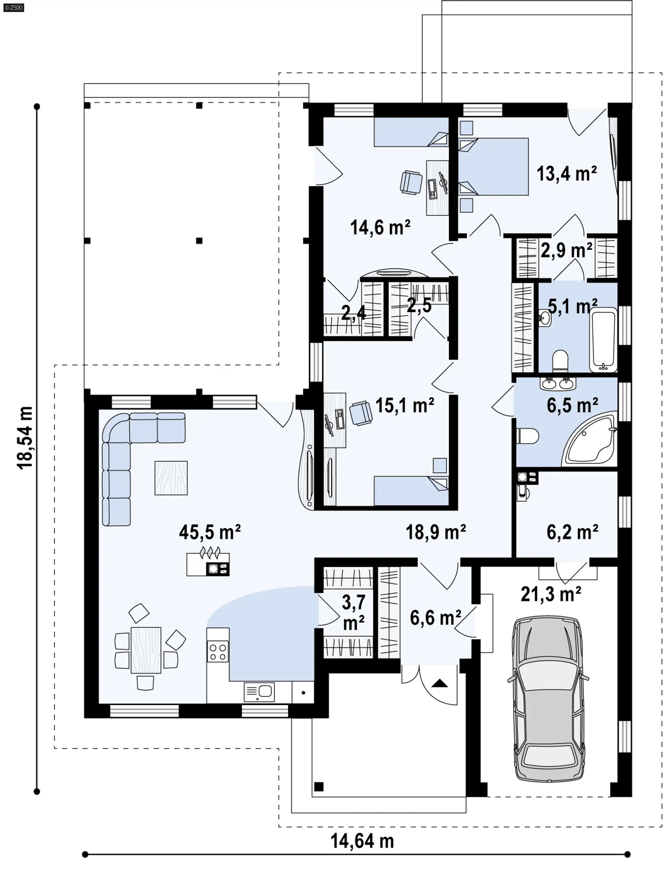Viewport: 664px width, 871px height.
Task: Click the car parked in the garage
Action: click(548, 699)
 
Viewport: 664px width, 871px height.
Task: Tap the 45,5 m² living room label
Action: click(210, 532)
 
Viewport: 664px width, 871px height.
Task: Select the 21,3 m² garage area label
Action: click(551, 594)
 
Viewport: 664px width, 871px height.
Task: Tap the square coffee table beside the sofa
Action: click(171, 478)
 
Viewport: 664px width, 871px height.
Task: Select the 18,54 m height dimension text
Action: click(25, 438)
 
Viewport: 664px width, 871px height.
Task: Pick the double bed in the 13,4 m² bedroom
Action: click(493, 166)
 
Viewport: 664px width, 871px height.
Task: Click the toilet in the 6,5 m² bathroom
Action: click(528, 436)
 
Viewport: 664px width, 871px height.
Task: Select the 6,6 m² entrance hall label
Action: click(435, 618)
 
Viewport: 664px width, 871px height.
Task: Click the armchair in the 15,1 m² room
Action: click(361, 413)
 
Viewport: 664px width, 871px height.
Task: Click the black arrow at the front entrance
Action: click(440, 683)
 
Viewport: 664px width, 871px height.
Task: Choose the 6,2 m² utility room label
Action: click(572, 532)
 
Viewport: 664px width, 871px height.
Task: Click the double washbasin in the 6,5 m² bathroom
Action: click(558, 383)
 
